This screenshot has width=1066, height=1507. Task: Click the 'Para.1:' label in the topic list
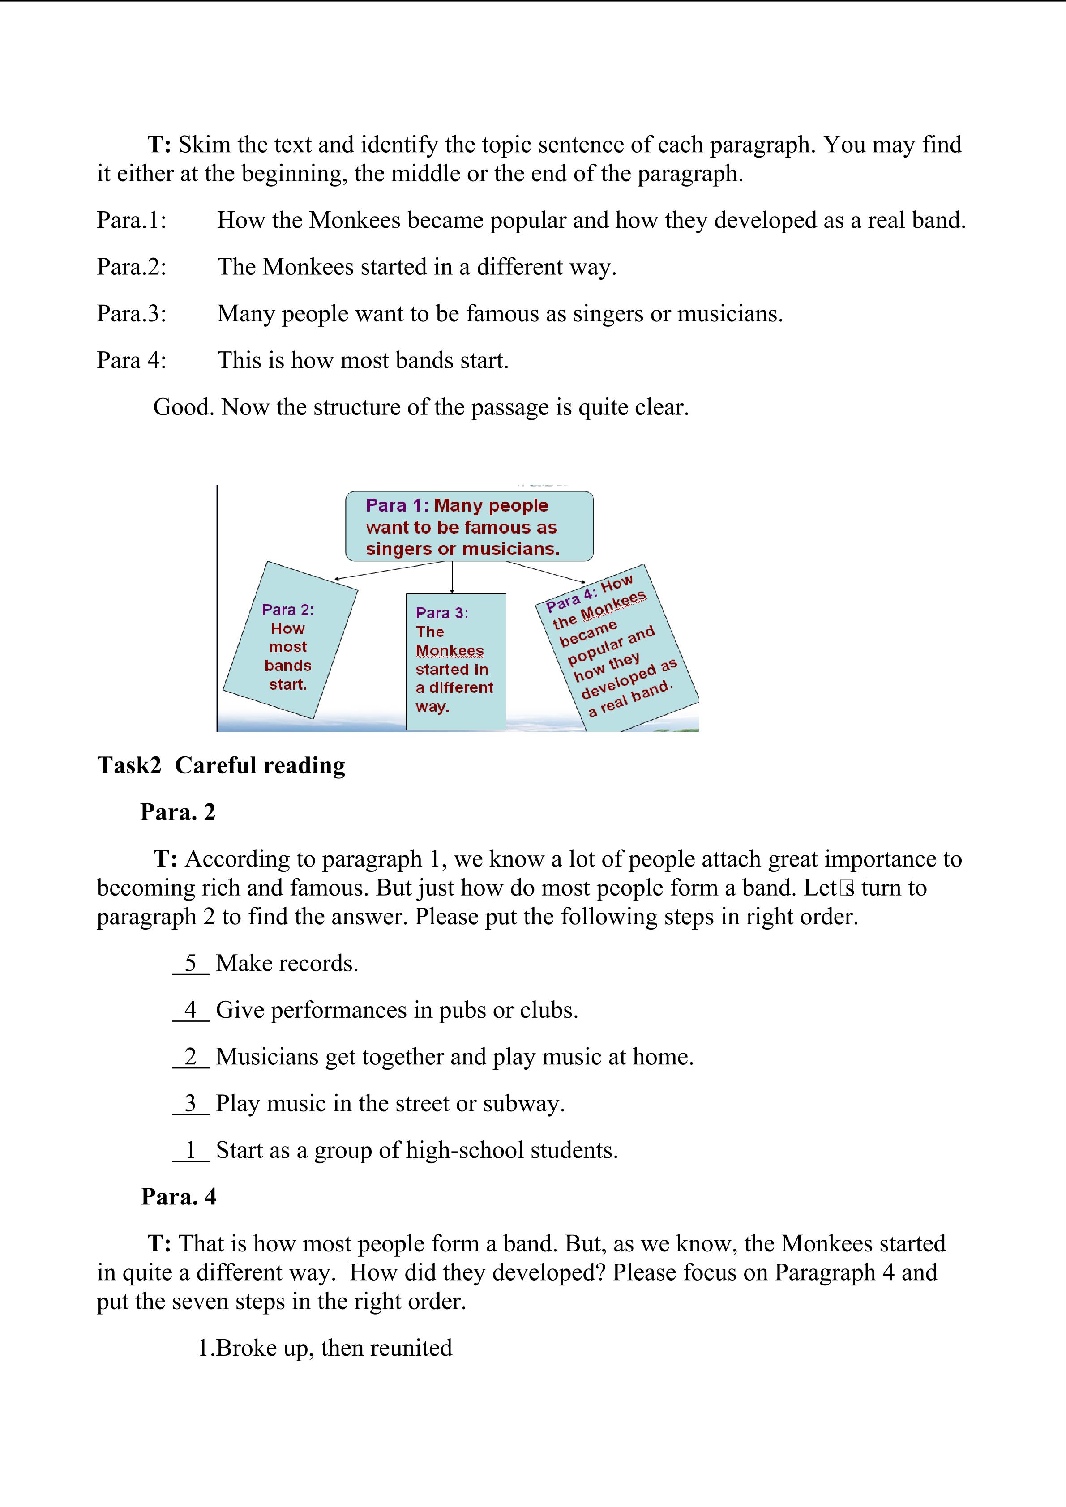click(x=131, y=221)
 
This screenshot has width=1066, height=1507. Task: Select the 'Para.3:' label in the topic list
click(x=131, y=314)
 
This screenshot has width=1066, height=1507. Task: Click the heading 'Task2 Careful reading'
click(x=221, y=765)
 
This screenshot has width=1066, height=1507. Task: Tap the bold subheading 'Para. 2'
click(x=177, y=812)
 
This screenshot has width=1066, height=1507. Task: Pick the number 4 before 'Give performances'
click(x=190, y=1009)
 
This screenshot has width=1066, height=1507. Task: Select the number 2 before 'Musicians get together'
click(x=190, y=1056)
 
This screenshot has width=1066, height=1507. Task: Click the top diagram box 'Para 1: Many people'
click(x=469, y=526)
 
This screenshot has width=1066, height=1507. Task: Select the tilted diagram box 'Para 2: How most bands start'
click(x=290, y=640)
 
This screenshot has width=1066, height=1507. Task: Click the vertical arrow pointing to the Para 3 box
click(x=452, y=577)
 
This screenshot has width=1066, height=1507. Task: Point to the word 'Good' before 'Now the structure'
click(x=183, y=408)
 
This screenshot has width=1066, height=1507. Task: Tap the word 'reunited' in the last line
click(x=411, y=1348)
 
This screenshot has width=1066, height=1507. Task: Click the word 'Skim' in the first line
click(x=202, y=145)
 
